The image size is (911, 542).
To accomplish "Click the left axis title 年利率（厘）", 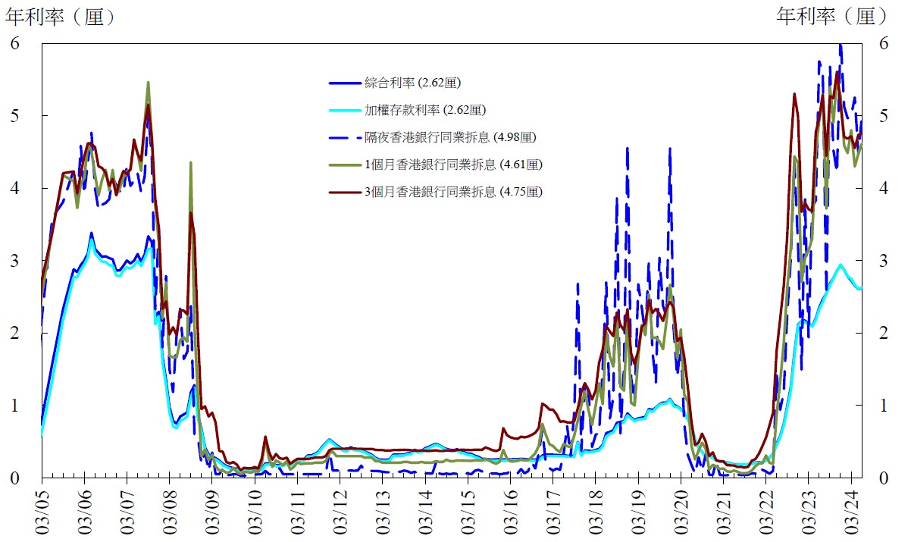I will tap(60, 16).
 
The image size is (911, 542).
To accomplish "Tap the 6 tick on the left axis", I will tap(14, 43).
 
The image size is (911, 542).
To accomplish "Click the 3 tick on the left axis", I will tap(14, 261).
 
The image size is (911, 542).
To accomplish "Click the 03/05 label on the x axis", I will tap(42, 512).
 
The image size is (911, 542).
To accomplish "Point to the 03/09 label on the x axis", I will tap(212, 512).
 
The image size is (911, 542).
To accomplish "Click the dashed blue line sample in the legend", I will tap(344, 137).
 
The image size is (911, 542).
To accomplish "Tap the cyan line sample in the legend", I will tap(344, 110).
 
